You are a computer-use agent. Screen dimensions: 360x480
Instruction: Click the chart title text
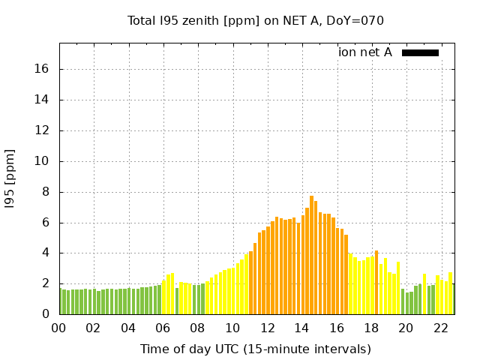(256, 20)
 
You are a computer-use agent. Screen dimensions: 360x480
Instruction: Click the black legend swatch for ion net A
(420, 52)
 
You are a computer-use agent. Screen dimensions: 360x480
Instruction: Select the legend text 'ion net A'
(365, 52)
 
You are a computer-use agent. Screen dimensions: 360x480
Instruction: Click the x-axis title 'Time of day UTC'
(256, 349)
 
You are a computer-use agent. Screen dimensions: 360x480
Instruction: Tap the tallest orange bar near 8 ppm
(311, 255)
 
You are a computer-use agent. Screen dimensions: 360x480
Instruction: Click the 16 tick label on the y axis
(42, 69)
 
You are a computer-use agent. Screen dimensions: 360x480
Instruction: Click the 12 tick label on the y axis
(42, 130)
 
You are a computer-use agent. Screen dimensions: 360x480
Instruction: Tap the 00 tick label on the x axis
(59, 328)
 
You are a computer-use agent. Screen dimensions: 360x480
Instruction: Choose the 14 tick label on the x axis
(302, 328)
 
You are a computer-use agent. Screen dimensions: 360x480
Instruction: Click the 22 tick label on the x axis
(441, 328)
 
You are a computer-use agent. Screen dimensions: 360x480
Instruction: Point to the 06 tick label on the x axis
(163, 328)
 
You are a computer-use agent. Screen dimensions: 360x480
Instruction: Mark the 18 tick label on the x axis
(371, 328)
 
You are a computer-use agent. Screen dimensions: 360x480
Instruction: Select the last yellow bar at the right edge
(450, 294)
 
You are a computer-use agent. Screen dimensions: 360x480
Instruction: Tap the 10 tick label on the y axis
(42, 161)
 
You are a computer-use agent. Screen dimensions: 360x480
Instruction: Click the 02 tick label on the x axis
(94, 328)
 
